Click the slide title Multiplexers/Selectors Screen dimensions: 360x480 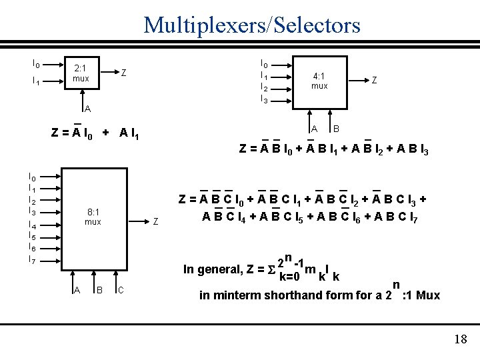pyautogui.click(x=252, y=25)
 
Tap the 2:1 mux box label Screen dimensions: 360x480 pyautogui.click(x=81, y=73)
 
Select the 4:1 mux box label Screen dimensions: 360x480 pyautogui.click(x=319, y=81)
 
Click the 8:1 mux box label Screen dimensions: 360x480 pyautogui.click(x=93, y=217)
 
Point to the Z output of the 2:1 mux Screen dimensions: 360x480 pyautogui.click(x=124, y=73)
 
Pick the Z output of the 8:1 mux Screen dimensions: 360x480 pyautogui.click(x=155, y=221)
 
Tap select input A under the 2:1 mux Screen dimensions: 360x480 pyautogui.click(x=87, y=109)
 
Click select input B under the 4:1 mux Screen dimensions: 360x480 pyautogui.click(x=336, y=128)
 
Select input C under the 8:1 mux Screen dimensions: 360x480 pyautogui.click(x=120, y=290)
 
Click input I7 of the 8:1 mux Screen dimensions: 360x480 pyautogui.click(x=33, y=260)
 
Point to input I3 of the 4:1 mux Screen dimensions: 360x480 pyautogui.click(x=264, y=100)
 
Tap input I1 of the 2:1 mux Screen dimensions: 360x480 pyautogui.click(x=36, y=82)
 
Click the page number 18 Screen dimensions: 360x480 pyautogui.click(x=460, y=340)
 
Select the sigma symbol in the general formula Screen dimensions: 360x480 pyautogui.click(x=271, y=269)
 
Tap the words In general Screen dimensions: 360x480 pyautogui.click(x=211, y=269)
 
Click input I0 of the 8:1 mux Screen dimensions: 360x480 pyautogui.click(x=33, y=177)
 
